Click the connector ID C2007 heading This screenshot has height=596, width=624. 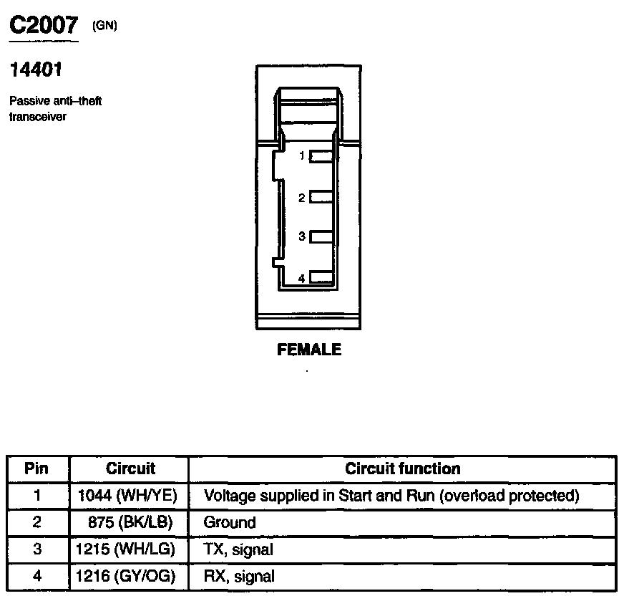click(x=43, y=26)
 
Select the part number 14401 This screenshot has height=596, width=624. click(x=35, y=71)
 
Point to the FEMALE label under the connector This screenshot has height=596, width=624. click(x=309, y=350)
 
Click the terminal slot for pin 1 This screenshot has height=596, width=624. click(x=322, y=157)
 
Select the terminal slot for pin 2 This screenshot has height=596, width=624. click(x=322, y=197)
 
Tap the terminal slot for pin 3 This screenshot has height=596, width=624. click(x=322, y=236)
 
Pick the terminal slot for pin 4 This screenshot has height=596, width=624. click(x=322, y=277)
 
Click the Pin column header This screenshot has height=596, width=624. click(x=36, y=468)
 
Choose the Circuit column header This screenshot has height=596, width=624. click(x=130, y=468)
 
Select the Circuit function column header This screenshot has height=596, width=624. click(x=402, y=468)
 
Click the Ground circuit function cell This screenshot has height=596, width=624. click(x=230, y=522)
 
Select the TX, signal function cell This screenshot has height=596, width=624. click(x=238, y=549)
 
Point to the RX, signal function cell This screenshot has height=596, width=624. click(x=239, y=576)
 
